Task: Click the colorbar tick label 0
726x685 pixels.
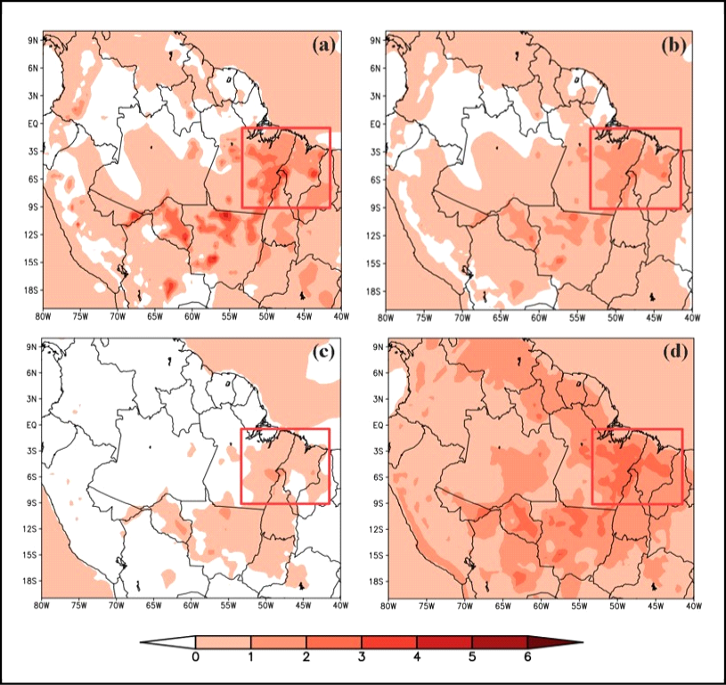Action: tap(195, 657)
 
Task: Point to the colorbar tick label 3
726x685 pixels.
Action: tap(361, 657)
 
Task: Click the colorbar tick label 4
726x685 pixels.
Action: tap(416, 657)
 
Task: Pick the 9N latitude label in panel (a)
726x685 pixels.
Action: tap(31, 40)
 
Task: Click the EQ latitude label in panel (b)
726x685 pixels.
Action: tap(377, 124)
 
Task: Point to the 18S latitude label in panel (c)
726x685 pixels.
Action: tap(29, 581)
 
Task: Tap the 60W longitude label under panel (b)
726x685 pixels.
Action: tap(539, 317)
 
